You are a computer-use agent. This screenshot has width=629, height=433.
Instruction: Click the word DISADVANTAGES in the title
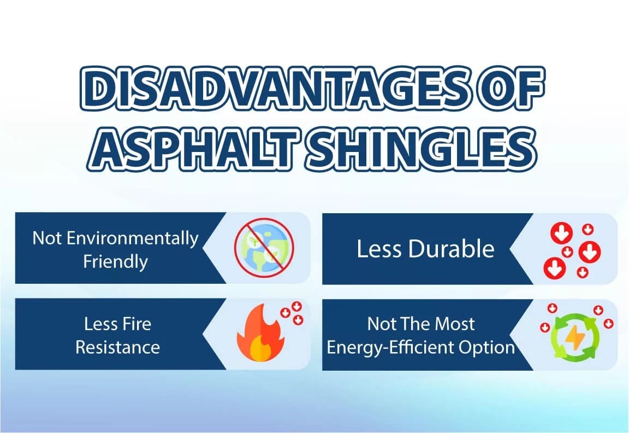(x=275, y=89)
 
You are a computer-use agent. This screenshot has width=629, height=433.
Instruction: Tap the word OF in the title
(x=509, y=89)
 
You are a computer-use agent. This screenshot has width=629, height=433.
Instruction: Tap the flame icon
(x=261, y=332)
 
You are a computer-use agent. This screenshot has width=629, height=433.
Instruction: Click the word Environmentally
(x=132, y=238)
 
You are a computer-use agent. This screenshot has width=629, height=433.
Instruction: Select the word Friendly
(x=116, y=262)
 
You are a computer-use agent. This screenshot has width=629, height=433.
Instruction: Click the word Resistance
(x=117, y=348)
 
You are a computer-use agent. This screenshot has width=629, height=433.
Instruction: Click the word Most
(x=455, y=324)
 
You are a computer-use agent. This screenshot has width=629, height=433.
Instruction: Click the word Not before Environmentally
(x=46, y=238)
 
